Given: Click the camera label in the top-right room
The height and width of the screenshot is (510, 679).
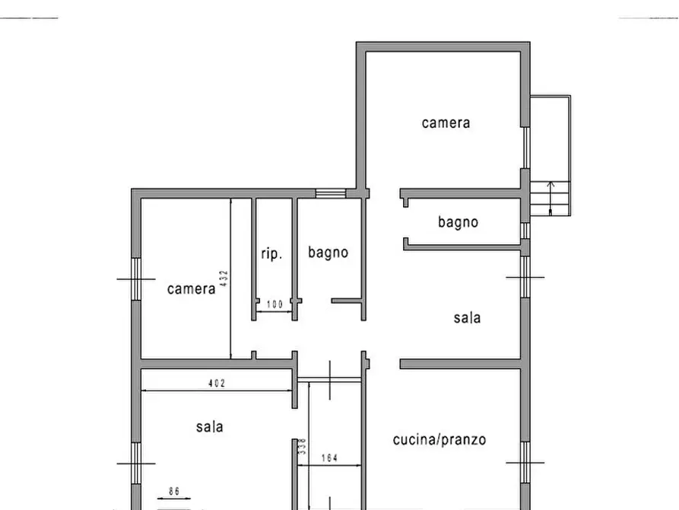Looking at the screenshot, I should tap(446, 123).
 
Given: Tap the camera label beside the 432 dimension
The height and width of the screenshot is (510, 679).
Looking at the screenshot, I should tap(191, 289).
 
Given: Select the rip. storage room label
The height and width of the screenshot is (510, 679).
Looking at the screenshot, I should tap(271, 254).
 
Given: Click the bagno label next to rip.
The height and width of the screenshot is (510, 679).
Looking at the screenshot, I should tap(328, 252).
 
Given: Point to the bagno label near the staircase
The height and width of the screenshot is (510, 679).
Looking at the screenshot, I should tap(458, 222).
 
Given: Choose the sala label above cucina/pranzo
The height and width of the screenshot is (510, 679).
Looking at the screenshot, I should tap(467, 318).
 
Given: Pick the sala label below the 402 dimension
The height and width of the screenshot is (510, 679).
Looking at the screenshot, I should tap(209, 427).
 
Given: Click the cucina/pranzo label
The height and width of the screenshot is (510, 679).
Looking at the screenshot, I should tap(439, 439).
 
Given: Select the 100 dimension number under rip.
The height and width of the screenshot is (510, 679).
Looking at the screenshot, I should tap(274, 305).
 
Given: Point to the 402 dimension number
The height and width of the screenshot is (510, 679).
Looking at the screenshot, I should tap(217, 384).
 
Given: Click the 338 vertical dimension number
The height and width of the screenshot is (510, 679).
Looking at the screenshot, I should tap(302, 446).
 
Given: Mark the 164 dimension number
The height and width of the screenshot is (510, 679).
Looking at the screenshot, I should tap(330, 458).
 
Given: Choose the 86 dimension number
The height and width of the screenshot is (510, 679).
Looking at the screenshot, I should tap(174, 492).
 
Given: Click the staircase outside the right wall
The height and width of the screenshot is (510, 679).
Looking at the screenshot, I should tap(550, 199).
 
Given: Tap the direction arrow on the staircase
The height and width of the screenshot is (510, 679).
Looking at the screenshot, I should tap(551, 193).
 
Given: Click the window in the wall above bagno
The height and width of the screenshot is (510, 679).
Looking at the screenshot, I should tap(330, 193).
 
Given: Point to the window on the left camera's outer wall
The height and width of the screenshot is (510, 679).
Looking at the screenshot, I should tap(136, 279).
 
